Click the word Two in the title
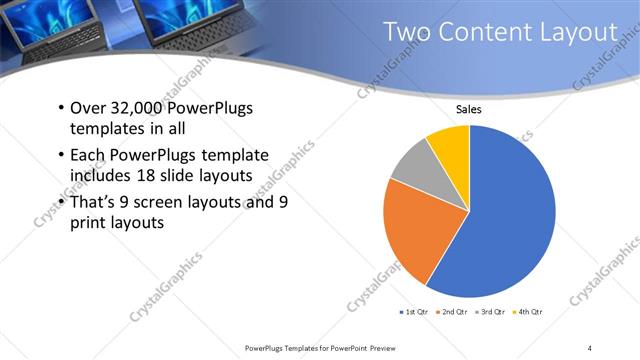tap(408, 34)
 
